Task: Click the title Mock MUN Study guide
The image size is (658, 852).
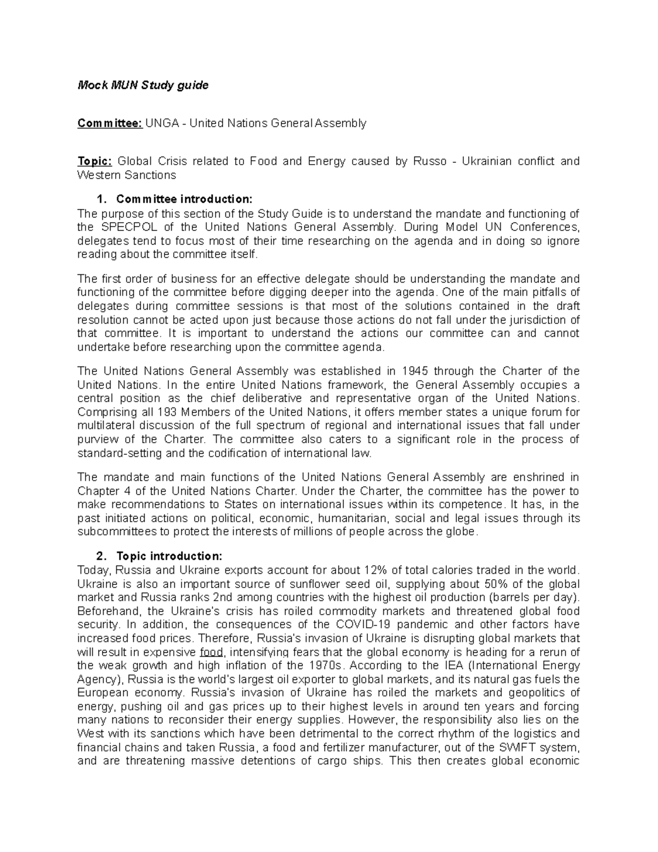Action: (x=143, y=85)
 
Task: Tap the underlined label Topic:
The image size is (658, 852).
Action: (x=94, y=161)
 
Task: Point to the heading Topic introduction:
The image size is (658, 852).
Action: (x=169, y=556)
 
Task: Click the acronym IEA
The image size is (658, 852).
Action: (x=448, y=665)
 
